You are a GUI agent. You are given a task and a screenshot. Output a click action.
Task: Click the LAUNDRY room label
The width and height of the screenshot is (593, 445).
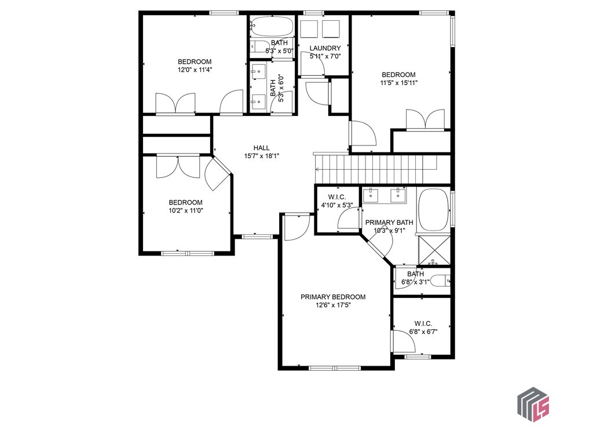(325, 48)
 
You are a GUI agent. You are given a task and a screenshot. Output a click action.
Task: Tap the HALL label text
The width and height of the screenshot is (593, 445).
(261, 148)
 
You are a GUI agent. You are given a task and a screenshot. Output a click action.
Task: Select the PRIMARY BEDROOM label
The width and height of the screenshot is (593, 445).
(333, 297)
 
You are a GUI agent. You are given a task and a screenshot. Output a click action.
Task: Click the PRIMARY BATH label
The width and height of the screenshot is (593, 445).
(389, 222)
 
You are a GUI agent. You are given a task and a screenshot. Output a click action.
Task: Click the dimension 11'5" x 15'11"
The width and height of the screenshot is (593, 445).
(398, 83)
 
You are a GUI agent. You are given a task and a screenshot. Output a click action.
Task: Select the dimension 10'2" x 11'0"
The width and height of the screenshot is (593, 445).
(185, 211)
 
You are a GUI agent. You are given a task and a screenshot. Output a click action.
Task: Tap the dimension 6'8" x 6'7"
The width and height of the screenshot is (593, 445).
(423, 332)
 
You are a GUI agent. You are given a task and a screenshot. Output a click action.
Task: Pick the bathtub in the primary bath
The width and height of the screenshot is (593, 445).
(433, 209)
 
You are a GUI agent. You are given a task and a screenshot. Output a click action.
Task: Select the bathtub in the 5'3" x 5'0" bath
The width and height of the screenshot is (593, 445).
(272, 27)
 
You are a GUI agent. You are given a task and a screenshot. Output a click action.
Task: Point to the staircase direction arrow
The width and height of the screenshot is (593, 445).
(317, 169)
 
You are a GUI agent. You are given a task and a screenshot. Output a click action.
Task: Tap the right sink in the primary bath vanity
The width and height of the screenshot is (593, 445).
(398, 195)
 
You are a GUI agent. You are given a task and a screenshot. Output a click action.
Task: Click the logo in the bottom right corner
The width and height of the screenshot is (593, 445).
(533, 403)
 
